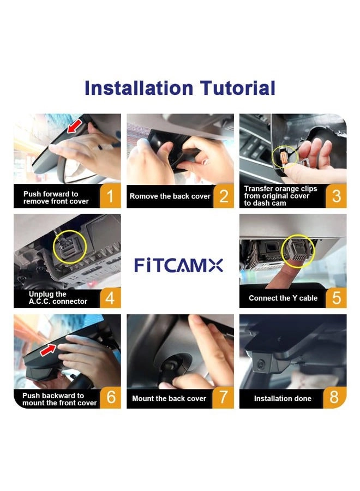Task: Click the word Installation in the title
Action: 138,88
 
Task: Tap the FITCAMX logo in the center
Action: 179,266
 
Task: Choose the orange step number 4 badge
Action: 111,298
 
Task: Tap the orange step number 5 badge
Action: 336,298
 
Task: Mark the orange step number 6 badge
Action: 111,398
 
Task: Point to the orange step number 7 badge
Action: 224,398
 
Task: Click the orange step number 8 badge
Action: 336,398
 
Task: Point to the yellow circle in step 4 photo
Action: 69,249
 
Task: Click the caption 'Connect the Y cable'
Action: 283,298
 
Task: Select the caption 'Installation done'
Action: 283,398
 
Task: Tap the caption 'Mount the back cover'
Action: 169,398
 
